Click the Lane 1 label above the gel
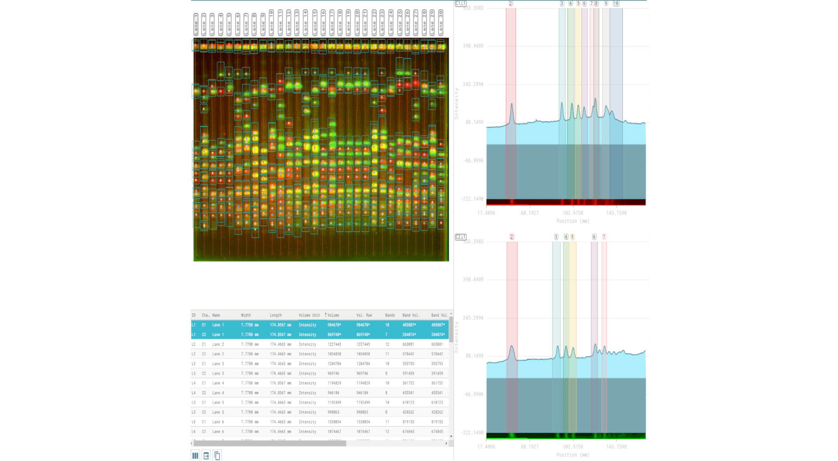(x=196, y=24)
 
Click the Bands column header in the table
(x=390, y=315)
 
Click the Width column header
(x=246, y=315)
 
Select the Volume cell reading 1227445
(x=334, y=345)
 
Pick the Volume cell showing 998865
(x=333, y=412)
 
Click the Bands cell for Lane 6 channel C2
(x=387, y=432)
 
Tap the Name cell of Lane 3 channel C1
(x=218, y=364)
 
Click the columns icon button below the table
(x=195, y=455)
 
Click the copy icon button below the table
(x=217, y=455)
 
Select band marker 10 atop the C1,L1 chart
(x=616, y=4)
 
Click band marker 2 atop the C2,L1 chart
(x=512, y=237)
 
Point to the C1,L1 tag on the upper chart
(x=461, y=4)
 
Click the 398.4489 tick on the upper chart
(x=473, y=46)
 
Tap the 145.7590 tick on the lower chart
(x=616, y=447)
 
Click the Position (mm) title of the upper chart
(x=573, y=221)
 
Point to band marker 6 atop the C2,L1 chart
(x=594, y=237)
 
